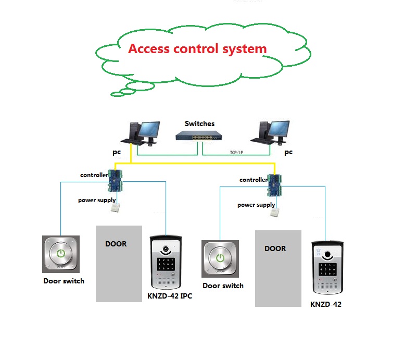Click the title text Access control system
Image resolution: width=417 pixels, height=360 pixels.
point(197,49)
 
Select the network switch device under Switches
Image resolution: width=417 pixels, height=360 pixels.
point(199,136)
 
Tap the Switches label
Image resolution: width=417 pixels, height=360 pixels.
point(199,123)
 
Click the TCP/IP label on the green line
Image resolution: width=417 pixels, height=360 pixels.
point(236,152)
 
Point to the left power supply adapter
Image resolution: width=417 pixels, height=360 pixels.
point(116,208)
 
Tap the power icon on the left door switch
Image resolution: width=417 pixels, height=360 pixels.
point(61,254)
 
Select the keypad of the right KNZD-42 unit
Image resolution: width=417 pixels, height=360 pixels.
point(327,269)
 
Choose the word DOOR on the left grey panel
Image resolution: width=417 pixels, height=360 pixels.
point(116,243)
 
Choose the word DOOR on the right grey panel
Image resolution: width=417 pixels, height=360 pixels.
point(275,249)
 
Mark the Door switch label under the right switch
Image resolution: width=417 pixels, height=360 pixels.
point(223,285)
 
